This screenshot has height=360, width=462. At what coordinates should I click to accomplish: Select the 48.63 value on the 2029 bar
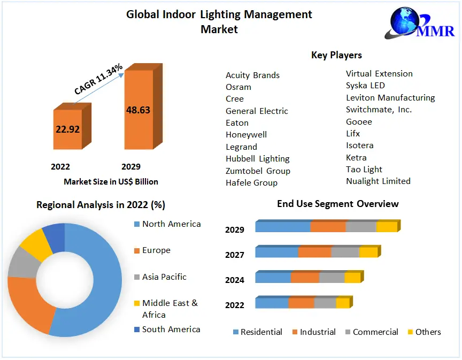point(138,110)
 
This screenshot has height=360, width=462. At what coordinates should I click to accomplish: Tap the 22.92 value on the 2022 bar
point(67,129)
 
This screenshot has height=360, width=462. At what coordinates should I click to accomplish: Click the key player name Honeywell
point(246,135)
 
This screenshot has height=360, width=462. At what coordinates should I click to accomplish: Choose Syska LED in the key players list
point(365,86)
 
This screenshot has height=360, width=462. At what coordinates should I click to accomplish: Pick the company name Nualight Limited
point(378,181)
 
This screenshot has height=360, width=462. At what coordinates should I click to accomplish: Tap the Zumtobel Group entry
point(258,171)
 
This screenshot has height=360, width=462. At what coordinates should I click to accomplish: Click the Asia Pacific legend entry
point(164,277)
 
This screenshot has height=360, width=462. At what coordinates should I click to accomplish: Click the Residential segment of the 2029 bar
point(283,227)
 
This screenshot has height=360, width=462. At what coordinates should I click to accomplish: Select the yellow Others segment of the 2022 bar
point(342,303)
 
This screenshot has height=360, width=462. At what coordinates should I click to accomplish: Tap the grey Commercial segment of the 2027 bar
point(345,252)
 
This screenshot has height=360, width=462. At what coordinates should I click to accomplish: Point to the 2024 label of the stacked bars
point(235,280)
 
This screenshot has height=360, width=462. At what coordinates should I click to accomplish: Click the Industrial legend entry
point(318,332)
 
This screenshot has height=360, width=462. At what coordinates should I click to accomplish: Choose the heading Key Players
point(336,55)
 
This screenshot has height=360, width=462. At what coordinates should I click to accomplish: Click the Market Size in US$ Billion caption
point(111,182)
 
